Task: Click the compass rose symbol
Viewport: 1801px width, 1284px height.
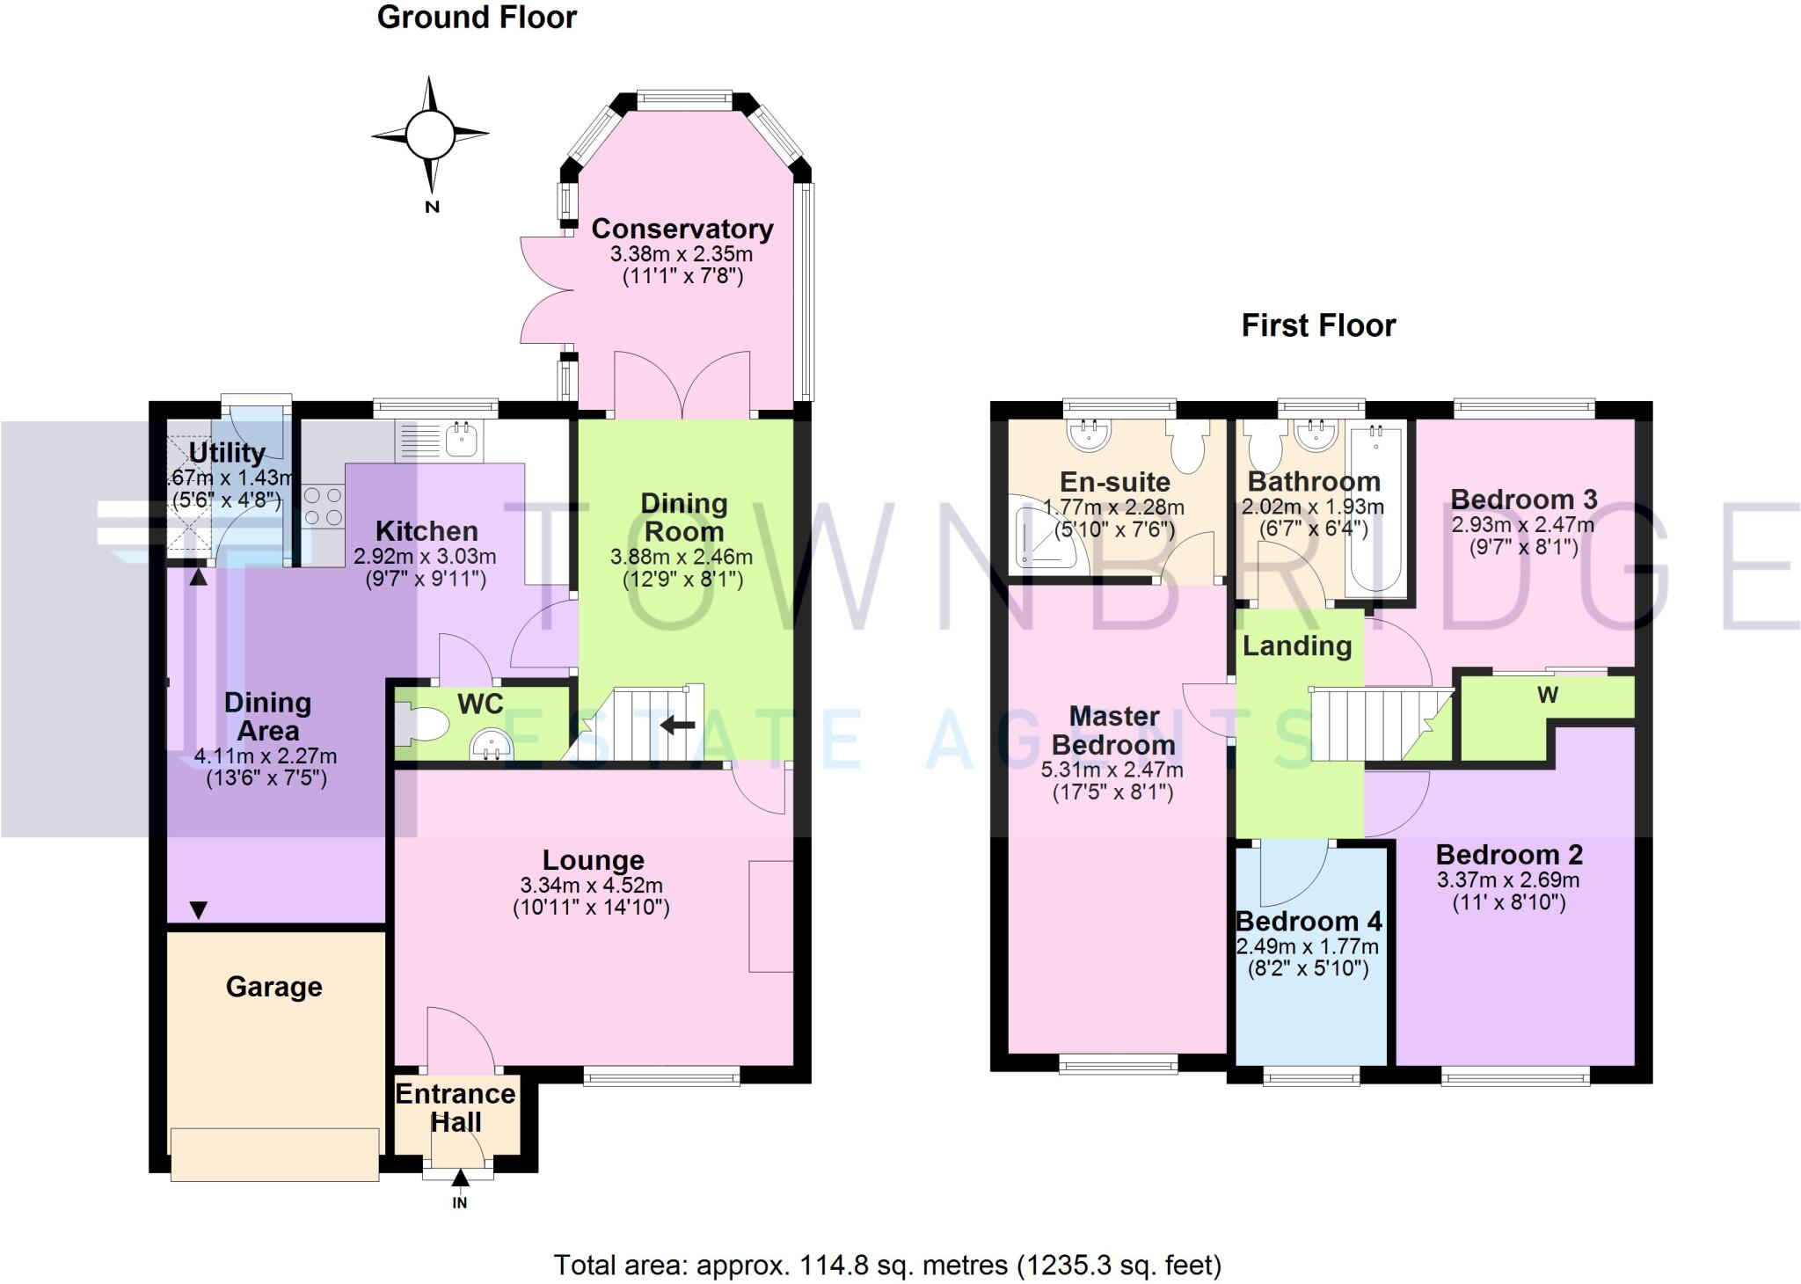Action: pos(430,135)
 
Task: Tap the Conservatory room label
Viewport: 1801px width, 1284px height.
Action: pos(682,229)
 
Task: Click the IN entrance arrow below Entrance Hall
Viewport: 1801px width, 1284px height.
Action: pos(460,1184)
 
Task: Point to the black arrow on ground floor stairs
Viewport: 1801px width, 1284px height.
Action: pos(677,726)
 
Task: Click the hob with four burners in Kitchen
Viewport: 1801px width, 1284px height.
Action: pos(323,507)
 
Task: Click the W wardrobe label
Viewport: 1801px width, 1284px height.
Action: pos(1548,696)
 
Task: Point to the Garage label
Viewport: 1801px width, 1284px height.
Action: pos(273,987)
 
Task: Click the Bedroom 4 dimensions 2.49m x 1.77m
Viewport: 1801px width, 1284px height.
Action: pos(1307,947)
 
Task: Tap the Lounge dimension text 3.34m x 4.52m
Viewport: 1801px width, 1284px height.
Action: pos(591,886)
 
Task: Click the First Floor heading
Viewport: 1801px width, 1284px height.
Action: pos(1317,326)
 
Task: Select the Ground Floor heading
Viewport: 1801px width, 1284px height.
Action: pos(477,18)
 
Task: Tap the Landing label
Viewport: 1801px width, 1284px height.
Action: pos(1296,646)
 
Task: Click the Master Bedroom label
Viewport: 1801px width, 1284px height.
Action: pos(1113,731)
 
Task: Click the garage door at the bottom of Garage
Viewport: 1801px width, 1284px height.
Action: pos(275,1155)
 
